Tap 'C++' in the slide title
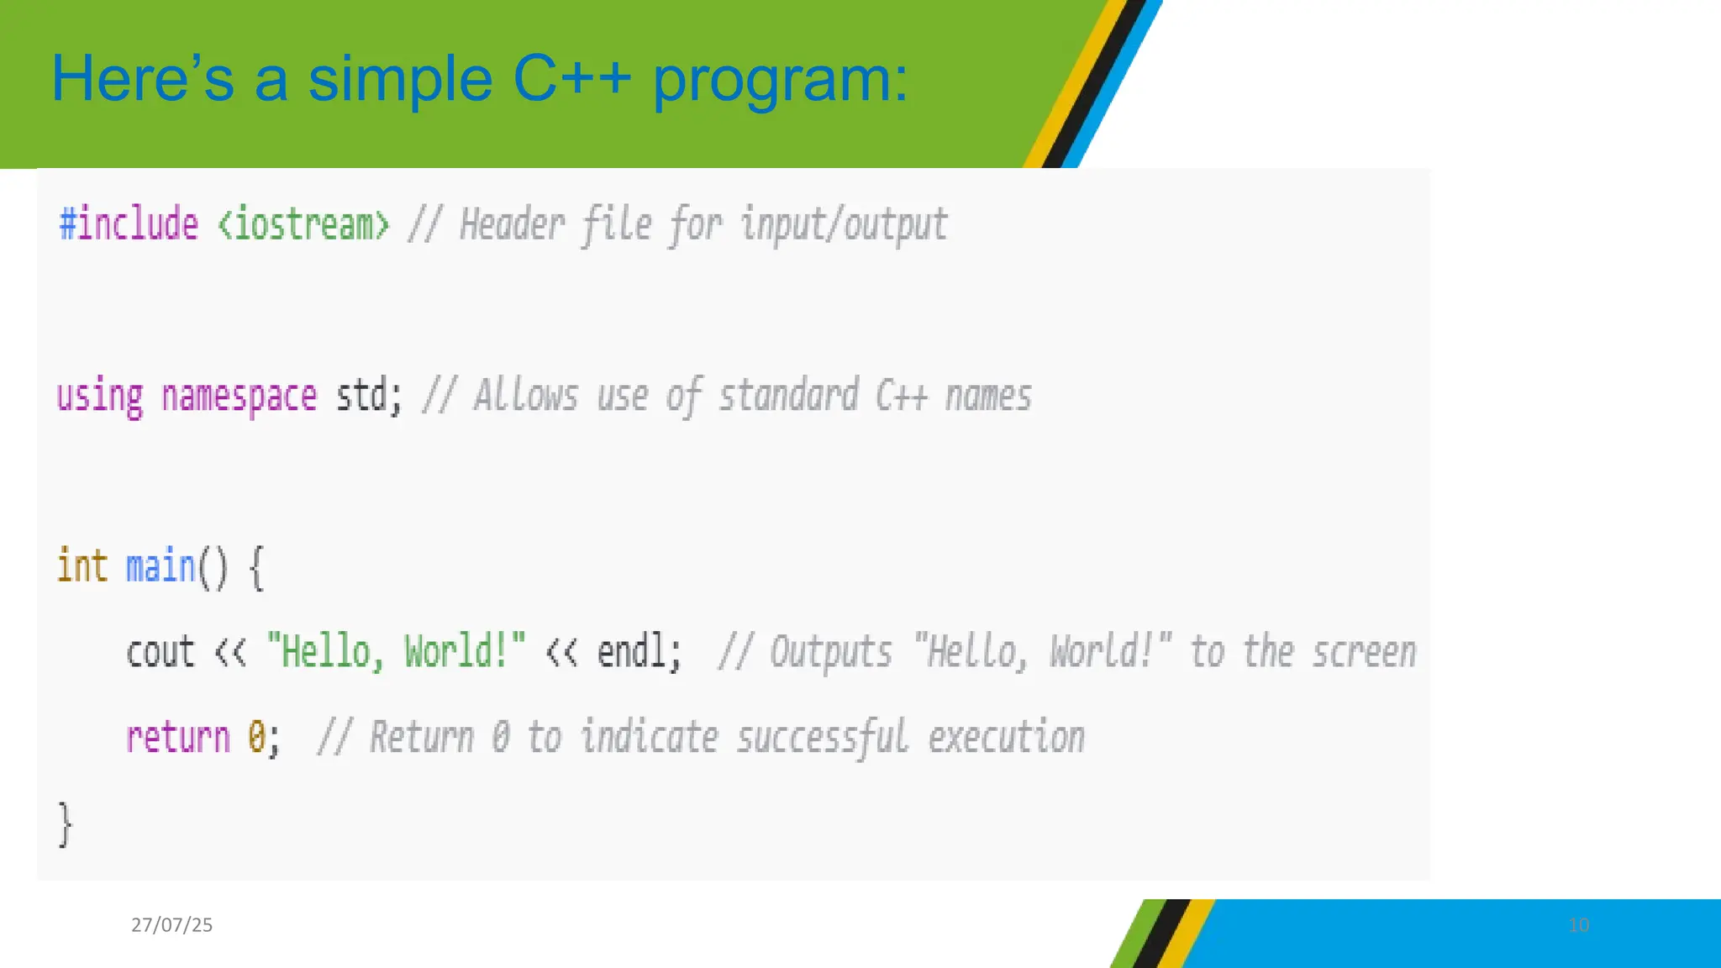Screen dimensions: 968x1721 tap(571, 80)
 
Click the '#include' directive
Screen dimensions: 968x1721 tap(129, 225)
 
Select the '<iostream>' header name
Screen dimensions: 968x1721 tap(303, 225)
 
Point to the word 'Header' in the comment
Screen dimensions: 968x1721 tap(512, 225)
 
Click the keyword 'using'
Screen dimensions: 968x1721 tap(100, 397)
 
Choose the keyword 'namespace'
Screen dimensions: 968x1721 tap(239, 397)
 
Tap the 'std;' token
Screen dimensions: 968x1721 tap(369, 397)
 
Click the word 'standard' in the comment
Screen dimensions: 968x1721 tap(788, 397)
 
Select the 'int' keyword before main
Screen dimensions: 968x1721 tap(82, 566)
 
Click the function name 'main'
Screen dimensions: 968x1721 tap(160, 566)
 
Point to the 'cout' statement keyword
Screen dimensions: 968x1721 tap(160, 653)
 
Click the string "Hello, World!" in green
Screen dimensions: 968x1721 tap(396, 652)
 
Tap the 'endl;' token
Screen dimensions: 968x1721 tap(639, 652)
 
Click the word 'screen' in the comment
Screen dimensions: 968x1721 tap(1364, 653)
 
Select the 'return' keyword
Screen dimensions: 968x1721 tap(177, 739)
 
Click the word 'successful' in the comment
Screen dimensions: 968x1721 tap(823, 739)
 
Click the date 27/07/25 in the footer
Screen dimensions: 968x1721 tap(171, 925)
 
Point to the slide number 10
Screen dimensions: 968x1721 tap(1578, 925)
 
